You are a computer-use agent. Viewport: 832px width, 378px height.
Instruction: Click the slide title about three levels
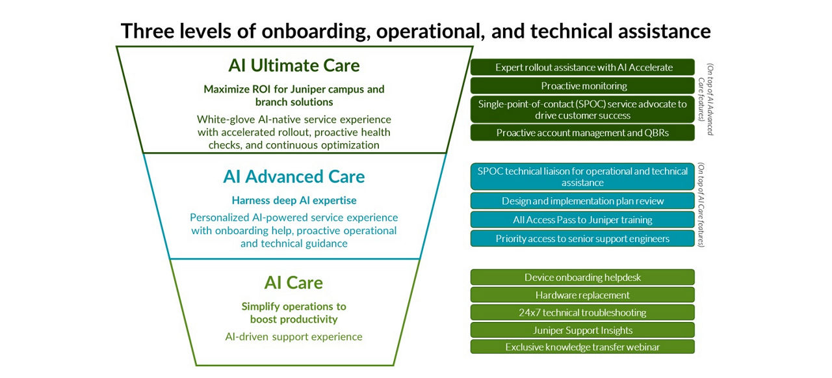pos(415,31)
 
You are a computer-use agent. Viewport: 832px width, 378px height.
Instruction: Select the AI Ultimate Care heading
pos(294,65)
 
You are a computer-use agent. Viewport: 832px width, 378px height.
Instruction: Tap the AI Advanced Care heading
pos(294,176)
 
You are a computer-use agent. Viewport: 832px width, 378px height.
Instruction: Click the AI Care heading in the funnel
pos(294,282)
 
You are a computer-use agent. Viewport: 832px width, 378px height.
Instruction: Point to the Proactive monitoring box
pos(582,86)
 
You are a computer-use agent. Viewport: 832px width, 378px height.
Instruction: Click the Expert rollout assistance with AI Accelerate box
pos(582,67)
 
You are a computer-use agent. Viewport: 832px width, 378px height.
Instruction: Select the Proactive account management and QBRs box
pos(582,133)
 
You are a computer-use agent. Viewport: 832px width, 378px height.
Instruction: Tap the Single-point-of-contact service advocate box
pos(582,109)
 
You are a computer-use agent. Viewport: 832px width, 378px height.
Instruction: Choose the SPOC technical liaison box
pos(582,176)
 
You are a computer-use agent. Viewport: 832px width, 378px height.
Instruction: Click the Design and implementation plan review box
pos(582,201)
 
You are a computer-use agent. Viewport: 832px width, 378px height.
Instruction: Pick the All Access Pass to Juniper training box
pos(582,220)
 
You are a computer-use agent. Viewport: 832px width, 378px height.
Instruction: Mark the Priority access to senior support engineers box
pos(582,239)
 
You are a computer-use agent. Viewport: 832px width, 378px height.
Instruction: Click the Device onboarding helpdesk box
pos(582,277)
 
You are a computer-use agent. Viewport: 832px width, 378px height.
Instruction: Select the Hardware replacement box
pos(582,295)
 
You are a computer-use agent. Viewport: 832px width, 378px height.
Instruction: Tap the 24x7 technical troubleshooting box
pos(582,312)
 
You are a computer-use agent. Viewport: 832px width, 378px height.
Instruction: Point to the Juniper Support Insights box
pos(582,330)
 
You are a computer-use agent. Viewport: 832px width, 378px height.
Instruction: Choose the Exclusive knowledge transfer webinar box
pos(582,347)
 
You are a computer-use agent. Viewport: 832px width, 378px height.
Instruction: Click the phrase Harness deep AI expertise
pos(294,200)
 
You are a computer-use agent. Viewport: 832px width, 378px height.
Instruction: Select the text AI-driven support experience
pos(294,336)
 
